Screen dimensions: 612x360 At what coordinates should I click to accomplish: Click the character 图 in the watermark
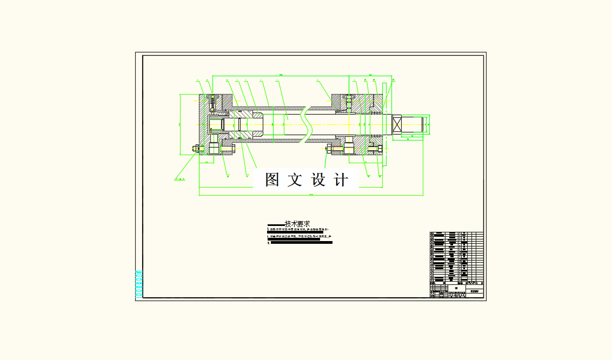[x=272, y=180]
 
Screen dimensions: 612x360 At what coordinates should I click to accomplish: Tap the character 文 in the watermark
[x=295, y=180]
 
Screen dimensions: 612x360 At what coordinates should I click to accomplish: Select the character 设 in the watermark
[x=318, y=180]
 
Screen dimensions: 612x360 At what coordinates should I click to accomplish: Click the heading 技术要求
[x=297, y=224]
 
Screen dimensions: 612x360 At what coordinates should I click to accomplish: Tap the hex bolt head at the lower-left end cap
[x=195, y=148]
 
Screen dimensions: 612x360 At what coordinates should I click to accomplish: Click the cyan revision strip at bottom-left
[x=138, y=284]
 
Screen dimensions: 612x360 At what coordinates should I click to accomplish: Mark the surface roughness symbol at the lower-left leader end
[x=179, y=177]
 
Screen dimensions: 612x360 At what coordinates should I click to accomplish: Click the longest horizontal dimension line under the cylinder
[x=311, y=196]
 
